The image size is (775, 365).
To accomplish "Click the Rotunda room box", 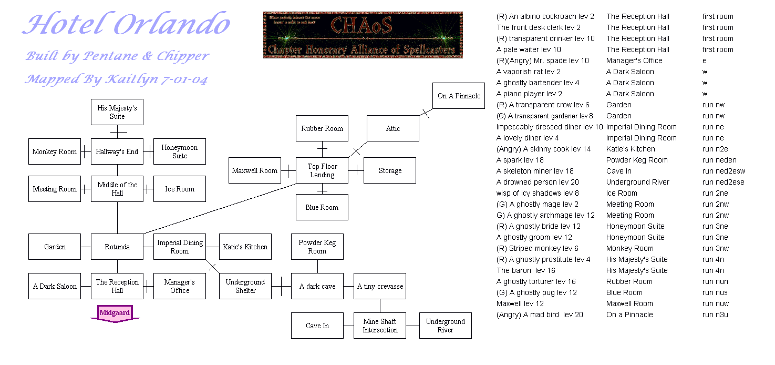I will tap(117, 247).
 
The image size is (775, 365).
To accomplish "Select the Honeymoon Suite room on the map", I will tap(180, 151).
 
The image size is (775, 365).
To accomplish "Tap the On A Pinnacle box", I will tap(459, 96).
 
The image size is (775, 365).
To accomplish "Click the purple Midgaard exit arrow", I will tap(115, 313).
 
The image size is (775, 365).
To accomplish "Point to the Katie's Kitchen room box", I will tap(245, 247).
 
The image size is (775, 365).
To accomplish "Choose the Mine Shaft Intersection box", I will tap(380, 326).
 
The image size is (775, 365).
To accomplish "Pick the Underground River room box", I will tap(445, 326).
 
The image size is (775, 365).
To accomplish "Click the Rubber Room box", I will tap(322, 128).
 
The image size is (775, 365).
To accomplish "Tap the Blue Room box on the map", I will tap(322, 207).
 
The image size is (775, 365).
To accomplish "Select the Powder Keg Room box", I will tap(317, 247).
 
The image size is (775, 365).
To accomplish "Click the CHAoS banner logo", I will tap(363, 35).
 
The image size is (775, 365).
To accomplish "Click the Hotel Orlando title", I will tap(127, 25).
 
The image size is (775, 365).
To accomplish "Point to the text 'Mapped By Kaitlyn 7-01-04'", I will tap(116, 79).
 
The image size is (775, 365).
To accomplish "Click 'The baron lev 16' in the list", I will tap(526, 270).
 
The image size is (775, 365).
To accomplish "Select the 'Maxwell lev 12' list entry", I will tap(520, 303).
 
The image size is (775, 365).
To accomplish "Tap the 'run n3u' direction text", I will tap(715, 315).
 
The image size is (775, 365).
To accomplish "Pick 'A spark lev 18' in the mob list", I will tap(520, 160).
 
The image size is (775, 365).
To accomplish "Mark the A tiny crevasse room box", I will tap(380, 286).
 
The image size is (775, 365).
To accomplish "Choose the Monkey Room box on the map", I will tap(55, 151).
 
